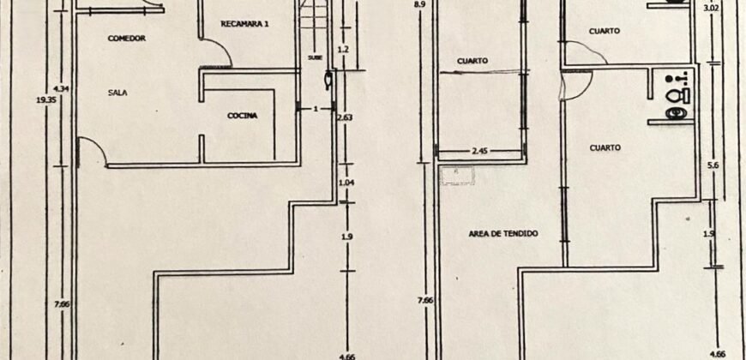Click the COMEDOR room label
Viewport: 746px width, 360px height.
(x=126, y=39)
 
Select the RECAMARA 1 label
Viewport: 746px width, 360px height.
(x=244, y=24)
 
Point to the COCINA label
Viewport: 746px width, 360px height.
(x=243, y=116)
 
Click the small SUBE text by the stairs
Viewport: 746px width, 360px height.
(x=315, y=58)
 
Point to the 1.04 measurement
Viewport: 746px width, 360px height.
(x=346, y=183)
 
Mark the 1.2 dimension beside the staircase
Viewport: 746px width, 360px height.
(x=343, y=50)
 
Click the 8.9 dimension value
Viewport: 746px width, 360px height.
(x=418, y=5)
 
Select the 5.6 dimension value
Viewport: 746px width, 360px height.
(x=711, y=168)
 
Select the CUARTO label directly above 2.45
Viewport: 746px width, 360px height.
(x=472, y=61)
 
